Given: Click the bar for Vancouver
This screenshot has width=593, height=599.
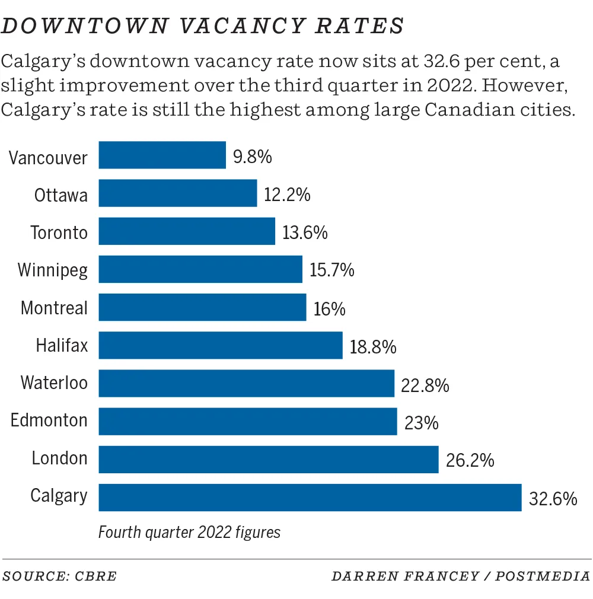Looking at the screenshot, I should (x=162, y=155).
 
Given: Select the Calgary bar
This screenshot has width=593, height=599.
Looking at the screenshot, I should (x=310, y=497).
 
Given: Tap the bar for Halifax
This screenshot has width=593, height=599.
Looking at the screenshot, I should (x=221, y=345).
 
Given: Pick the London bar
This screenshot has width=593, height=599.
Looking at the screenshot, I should (x=268, y=460).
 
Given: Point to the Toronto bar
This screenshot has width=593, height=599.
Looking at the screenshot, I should (x=187, y=231).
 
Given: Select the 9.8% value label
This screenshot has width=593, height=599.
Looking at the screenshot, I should (x=253, y=157).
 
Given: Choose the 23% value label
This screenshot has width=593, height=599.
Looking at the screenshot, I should (x=421, y=423).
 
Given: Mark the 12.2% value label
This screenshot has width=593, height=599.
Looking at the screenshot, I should (x=287, y=195).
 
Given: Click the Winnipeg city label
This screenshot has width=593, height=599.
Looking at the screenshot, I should (x=53, y=270).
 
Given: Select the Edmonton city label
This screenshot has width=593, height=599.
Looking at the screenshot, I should (x=49, y=421).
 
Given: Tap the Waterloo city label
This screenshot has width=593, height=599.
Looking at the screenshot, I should (x=54, y=383).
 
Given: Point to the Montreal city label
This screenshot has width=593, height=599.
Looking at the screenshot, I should (x=54, y=308).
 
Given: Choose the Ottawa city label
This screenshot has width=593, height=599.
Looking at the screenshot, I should (x=60, y=195).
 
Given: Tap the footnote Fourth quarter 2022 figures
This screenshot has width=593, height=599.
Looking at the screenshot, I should (x=189, y=532).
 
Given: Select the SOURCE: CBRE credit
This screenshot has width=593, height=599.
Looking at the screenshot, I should (x=60, y=576).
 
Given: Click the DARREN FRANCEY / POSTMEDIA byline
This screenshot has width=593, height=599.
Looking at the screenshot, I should (x=461, y=576).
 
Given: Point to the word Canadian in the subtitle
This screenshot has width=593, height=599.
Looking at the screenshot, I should (x=464, y=110).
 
